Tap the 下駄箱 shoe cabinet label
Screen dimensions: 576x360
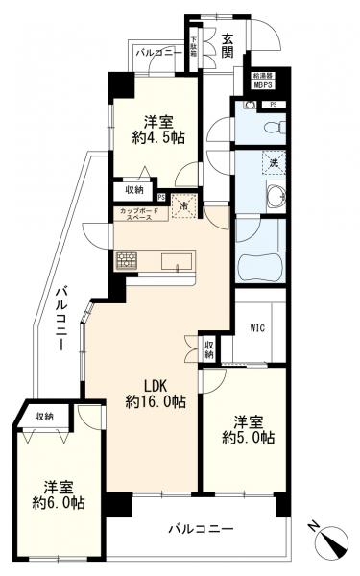coord(194,48)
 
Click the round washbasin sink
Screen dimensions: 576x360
coord(276,199)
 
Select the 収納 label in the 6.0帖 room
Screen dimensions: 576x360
coord(44,415)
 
